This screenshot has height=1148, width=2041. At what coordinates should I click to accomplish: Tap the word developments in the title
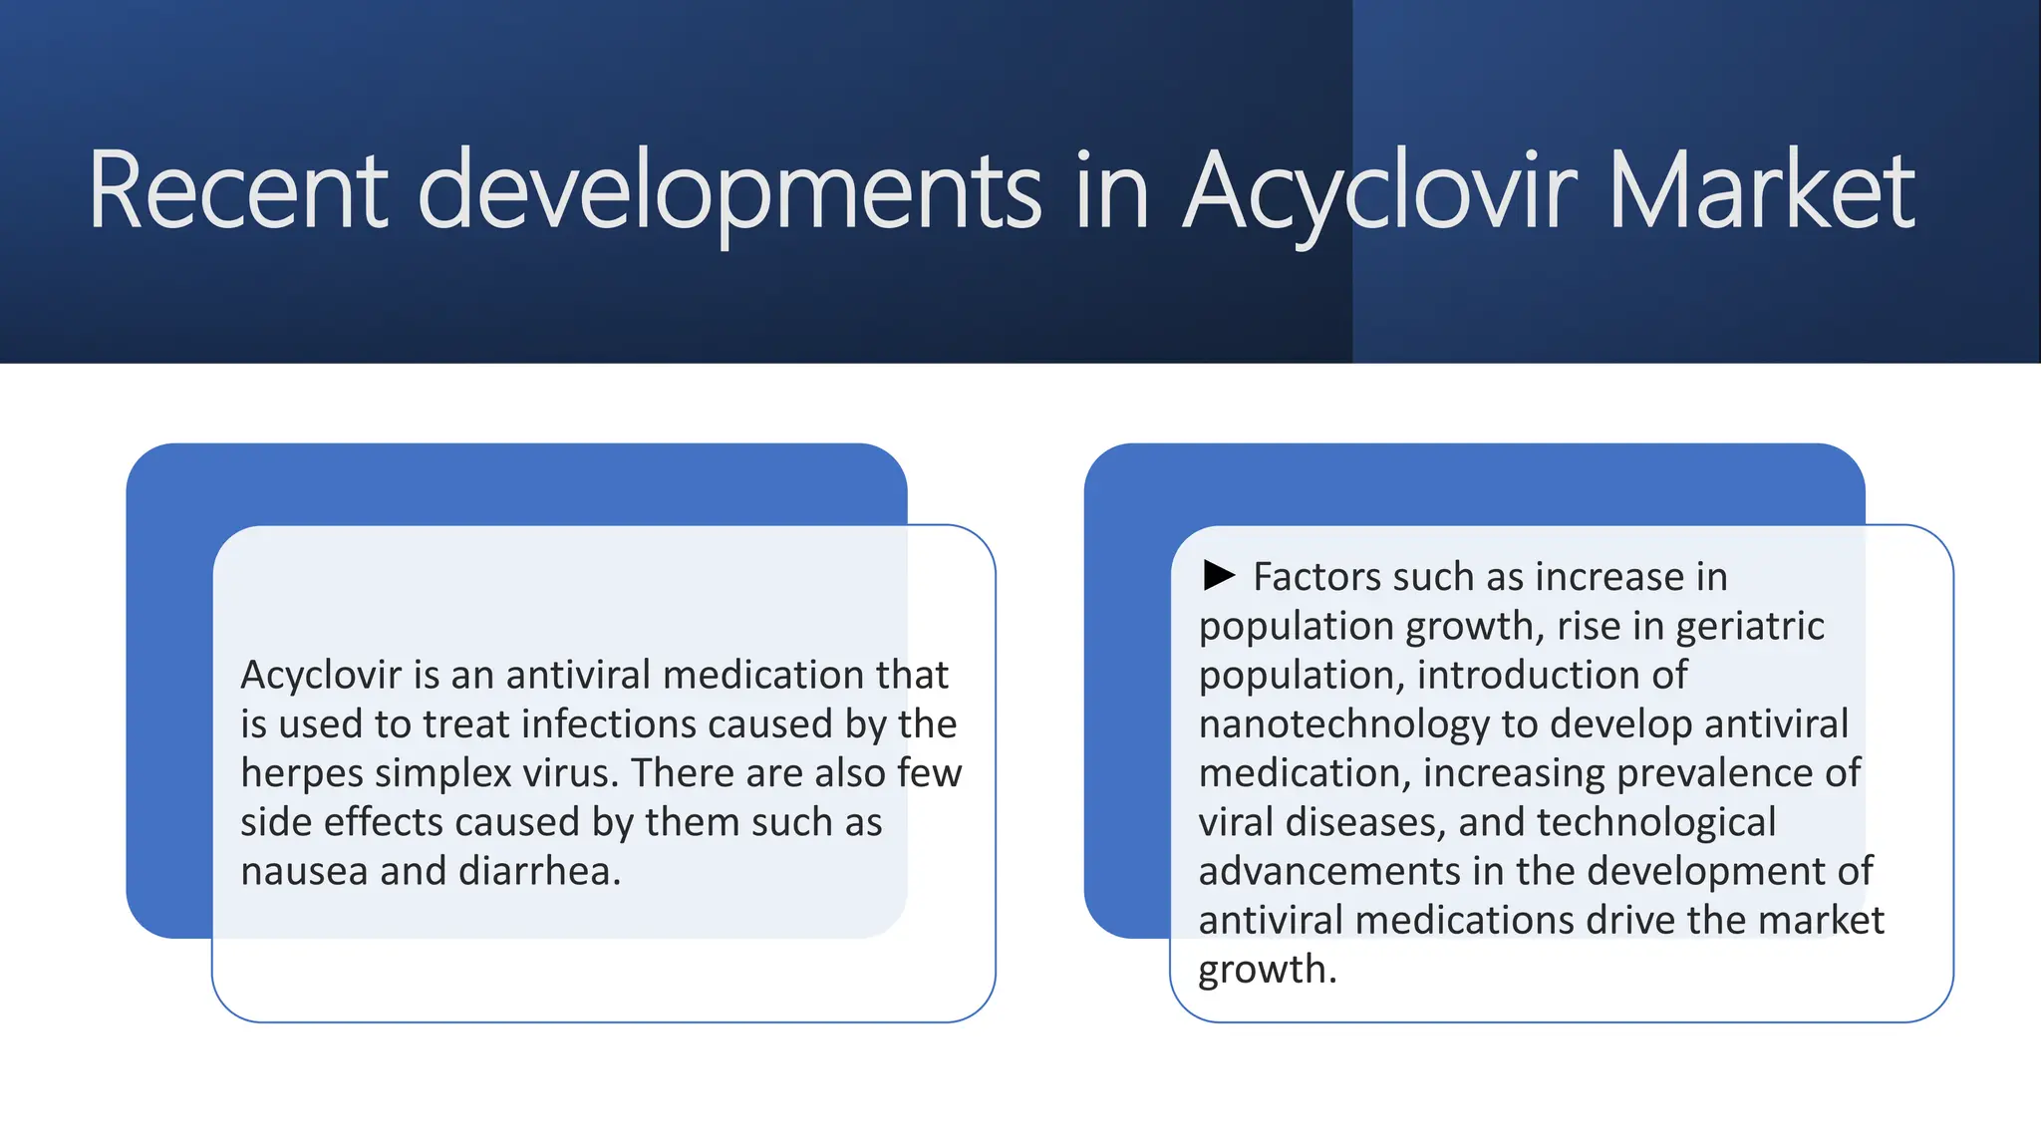coord(729,191)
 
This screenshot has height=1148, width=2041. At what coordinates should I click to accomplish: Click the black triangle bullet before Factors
coord(1219,575)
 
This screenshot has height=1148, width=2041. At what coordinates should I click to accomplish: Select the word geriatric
coord(1749,627)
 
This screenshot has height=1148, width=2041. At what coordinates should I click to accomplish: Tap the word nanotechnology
coord(1343,724)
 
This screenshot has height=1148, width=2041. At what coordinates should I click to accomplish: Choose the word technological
coord(1656,822)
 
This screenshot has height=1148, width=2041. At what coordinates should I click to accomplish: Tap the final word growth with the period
coord(1266,970)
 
